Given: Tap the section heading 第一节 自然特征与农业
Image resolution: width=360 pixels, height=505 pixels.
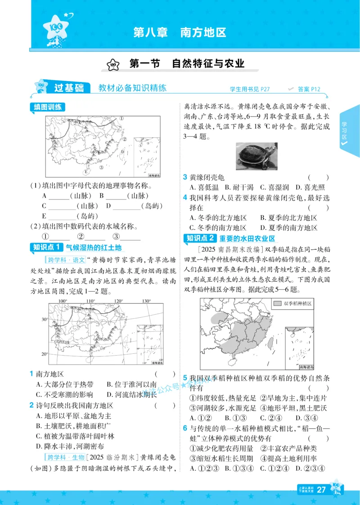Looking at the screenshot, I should point(186,64).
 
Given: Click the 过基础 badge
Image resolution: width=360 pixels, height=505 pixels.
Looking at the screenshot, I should point(68,88).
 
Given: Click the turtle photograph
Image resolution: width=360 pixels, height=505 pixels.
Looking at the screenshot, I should point(256,157).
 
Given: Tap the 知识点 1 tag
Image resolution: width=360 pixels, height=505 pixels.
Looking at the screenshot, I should point(46,247).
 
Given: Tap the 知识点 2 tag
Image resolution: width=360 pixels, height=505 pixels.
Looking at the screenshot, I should point(200,239).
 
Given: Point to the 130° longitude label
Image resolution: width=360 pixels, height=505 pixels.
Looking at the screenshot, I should point(146,301).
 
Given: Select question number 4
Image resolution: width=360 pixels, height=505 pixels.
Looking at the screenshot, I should point(185,198).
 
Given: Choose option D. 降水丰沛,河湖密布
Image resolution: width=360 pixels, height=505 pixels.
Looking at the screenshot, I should point(70,446).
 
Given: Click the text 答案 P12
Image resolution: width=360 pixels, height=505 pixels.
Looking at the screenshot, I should point(309,89).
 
